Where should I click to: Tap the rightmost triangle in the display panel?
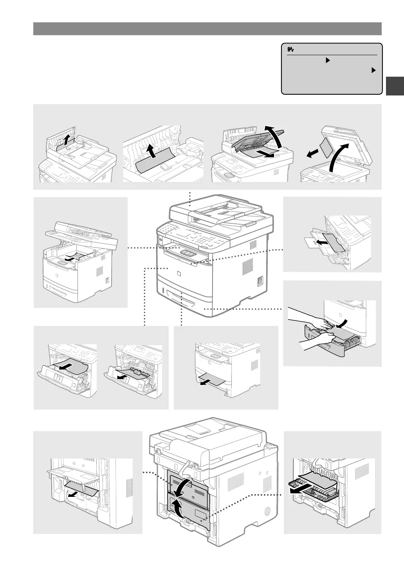point(373,70)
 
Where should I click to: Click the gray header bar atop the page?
point(207,29)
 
